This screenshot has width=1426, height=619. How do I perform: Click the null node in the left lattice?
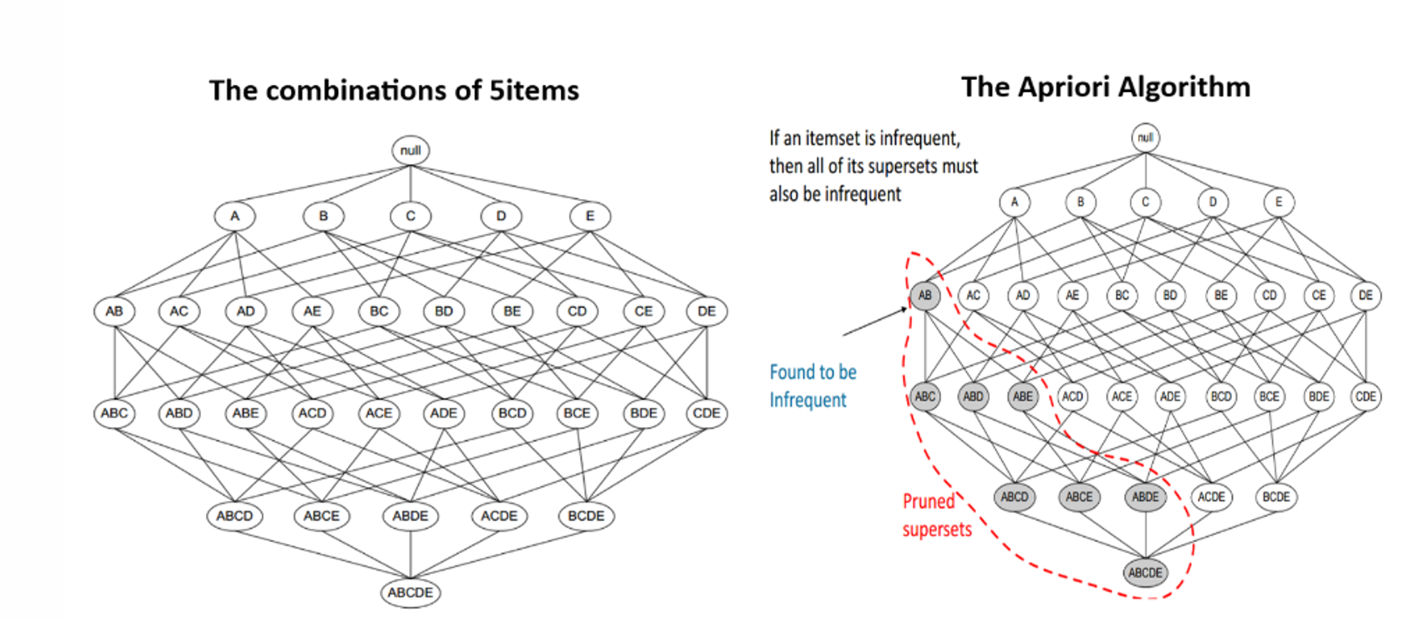pyautogui.click(x=410, y=150)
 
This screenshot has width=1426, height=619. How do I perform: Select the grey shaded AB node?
pyautogui.click(x=925, y=295)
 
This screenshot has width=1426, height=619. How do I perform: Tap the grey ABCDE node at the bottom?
pyautogui.click(x=1145, y=572)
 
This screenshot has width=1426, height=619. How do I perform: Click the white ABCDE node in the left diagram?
pyautogui.click(x=410, y=592)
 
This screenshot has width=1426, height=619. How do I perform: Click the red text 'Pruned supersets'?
pyautogui.click(x=936, y=515)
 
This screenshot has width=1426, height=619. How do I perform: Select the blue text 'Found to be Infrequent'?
pyautogui.click(x=812, y=386)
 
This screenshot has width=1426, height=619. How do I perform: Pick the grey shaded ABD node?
pyautogui.click(x=973, y=397)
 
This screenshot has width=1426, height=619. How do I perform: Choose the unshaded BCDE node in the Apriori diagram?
pyautogui.click(x=1276, y=497)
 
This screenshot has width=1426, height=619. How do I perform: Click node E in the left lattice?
pyautogui.click(x=590, y=216)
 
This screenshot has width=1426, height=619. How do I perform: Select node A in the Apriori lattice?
pyautogui.click(x=1015, y=203)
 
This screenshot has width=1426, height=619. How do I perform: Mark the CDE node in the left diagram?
pyautogui.click(x=706, y=413)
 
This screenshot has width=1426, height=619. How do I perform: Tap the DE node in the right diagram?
pyautogui.click(x=1365, y=295)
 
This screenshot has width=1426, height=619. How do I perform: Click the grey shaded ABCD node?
pyautogui.click(x=1014, y=497)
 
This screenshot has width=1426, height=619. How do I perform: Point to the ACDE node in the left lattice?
pyautogui.click(x=498, y=516)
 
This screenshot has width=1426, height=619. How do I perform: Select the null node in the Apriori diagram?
pyautogui.click(x=1145, y=138)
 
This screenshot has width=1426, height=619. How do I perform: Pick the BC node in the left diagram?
pyautogui.click(x=379, y=311)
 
